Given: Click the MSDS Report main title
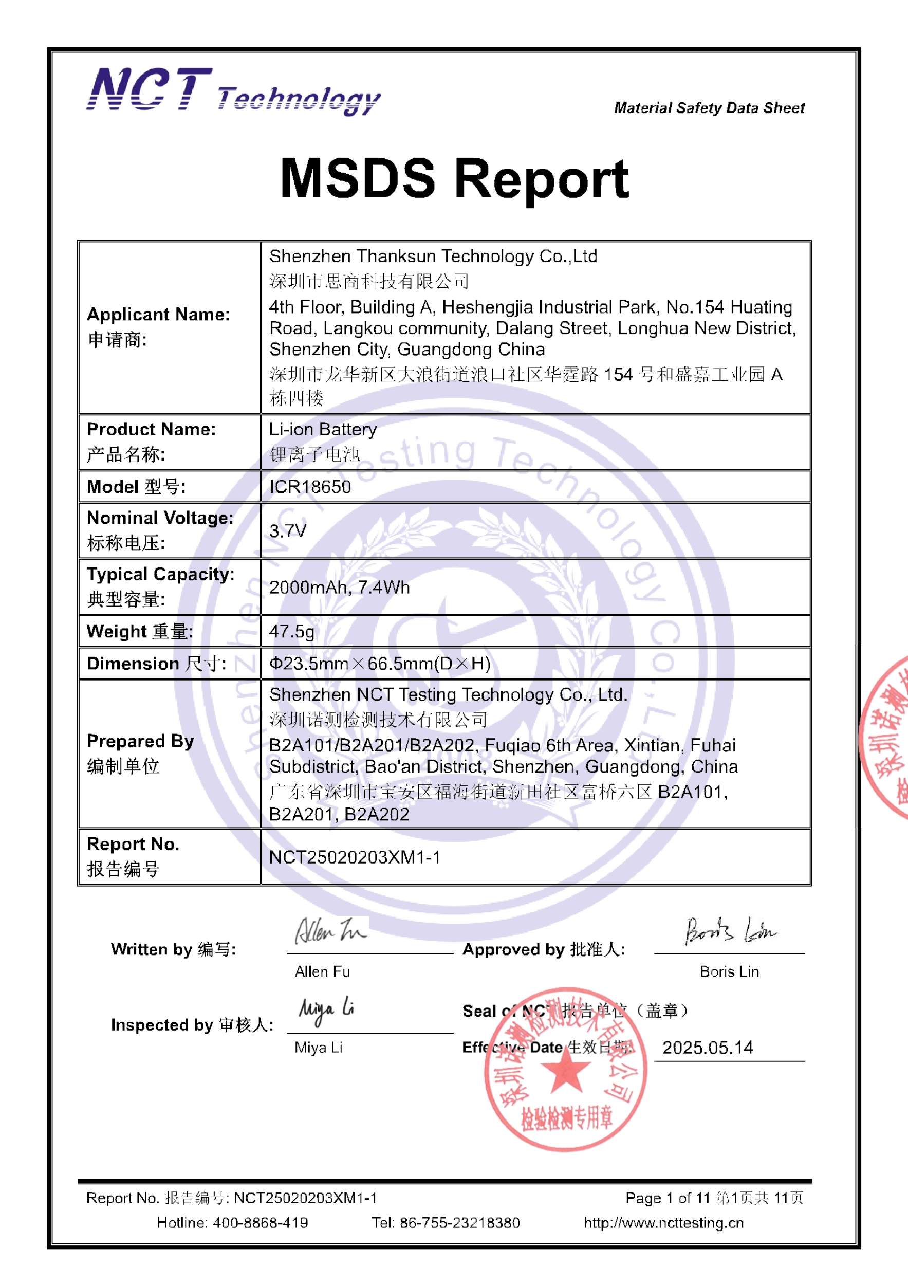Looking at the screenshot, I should (x=454, y=179).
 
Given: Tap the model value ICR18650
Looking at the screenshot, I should (x=310, y=487).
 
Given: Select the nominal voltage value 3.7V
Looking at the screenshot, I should (x=288, y=530).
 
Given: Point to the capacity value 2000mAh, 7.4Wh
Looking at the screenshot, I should (x=339, y=587).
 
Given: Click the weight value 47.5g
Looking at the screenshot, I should (x=291, y=631).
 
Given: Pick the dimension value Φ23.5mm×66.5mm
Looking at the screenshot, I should (x=379, y=663).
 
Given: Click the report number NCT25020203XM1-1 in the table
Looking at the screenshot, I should (x=354, y=857).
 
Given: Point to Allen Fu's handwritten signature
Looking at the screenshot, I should (x=330, y=931).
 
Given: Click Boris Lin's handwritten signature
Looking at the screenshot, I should (x=730, y=931).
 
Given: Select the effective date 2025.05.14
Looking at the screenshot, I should (x=708, y=1048).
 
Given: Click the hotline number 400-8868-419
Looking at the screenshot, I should (x=260, y=1223).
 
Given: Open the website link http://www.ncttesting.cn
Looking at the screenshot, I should (x=663, y=1223).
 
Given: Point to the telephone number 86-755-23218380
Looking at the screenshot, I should (x=459, y=1223).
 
